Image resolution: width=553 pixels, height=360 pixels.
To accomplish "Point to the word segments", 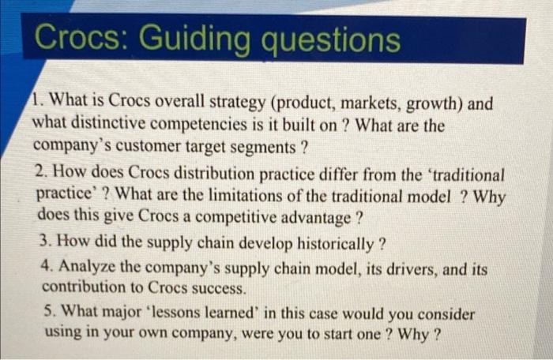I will pyautogui.click(x=259, y=147).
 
